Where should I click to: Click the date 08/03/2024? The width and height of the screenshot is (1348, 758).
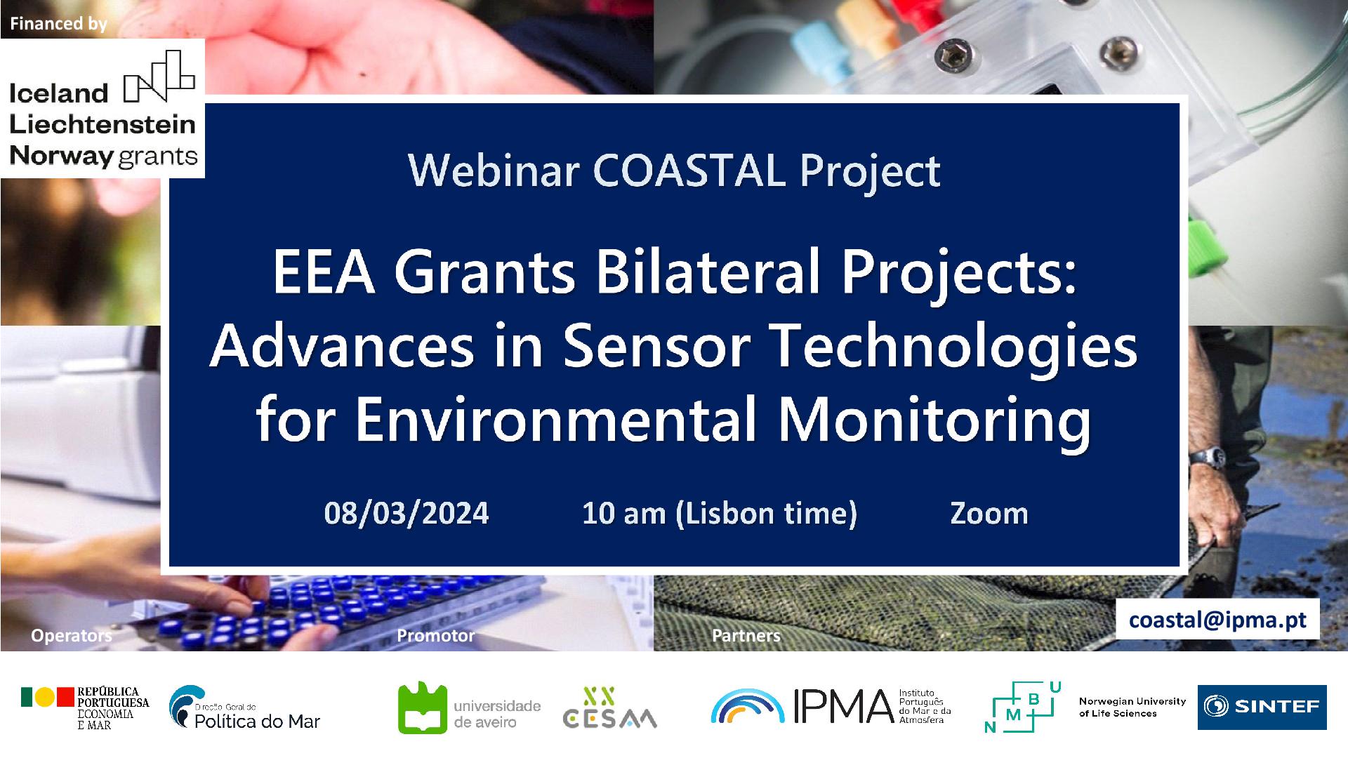[407, 514]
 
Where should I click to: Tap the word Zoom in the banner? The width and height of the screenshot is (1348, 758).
[989, 514]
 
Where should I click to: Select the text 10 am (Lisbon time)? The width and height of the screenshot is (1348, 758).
[720, 514]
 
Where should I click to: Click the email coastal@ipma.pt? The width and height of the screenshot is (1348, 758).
[1217, 620]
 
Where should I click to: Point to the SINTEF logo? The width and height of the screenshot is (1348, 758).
[1262, 707]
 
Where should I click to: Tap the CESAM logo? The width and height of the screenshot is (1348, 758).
[609, 708]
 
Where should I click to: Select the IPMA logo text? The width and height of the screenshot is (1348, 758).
[842, 706]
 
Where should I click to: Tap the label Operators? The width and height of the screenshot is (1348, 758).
[71, 636]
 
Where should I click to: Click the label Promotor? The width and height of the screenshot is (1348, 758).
[435, 636]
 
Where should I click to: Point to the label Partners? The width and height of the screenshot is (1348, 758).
[746, 636]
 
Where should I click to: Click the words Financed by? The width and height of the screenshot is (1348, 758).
[58, 24]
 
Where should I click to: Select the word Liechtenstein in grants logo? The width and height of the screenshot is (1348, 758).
[103, 125]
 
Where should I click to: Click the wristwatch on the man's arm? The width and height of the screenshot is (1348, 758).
[1206, 457]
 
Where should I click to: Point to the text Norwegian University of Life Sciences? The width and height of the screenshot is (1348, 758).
[1132, 707]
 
